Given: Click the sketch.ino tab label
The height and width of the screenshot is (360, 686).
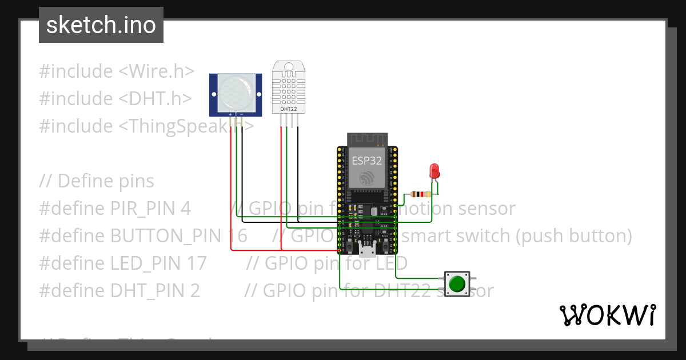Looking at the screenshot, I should (101, 25).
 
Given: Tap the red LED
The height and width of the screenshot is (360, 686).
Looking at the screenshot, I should (434, 170).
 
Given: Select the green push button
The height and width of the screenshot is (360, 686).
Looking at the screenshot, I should (457, 284).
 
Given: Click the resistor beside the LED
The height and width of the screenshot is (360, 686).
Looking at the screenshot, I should (421, 194).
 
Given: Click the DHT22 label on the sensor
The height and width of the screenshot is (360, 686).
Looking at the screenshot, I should (289, 108).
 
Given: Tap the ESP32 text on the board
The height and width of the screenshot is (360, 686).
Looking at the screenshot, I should (366, 161).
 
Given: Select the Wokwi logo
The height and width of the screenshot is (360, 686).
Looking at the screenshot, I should (608, 315).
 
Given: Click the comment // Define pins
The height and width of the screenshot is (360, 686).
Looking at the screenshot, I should (97, 181).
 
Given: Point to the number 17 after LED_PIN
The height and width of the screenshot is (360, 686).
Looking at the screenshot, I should (197, 263).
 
